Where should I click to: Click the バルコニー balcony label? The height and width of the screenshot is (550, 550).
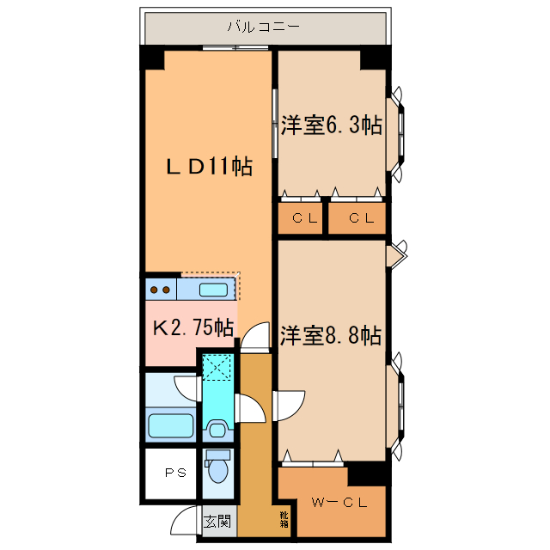click(x=263, y=27)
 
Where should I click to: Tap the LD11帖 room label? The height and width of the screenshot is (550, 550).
click(x=209, y=167)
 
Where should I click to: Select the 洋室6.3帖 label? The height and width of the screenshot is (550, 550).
click(x=331, y=125)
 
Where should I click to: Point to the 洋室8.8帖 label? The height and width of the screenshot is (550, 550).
click(x=331, y=335)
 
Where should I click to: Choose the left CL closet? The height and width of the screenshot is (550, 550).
click(x=301, y=218)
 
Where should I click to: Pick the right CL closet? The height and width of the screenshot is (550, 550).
click(x=359, y=218)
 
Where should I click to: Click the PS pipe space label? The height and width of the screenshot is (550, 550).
click(x=175, y=472)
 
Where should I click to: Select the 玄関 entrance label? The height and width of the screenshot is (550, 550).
click(x=217, y=521)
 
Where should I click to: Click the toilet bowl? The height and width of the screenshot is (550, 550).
click(x=218, y=469)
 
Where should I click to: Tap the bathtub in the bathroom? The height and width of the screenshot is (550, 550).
click(x=171, y=425)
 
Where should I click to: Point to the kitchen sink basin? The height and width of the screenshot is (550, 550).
click(x=215, y=289)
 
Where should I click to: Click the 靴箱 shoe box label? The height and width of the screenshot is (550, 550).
click(x=284, y=518)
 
